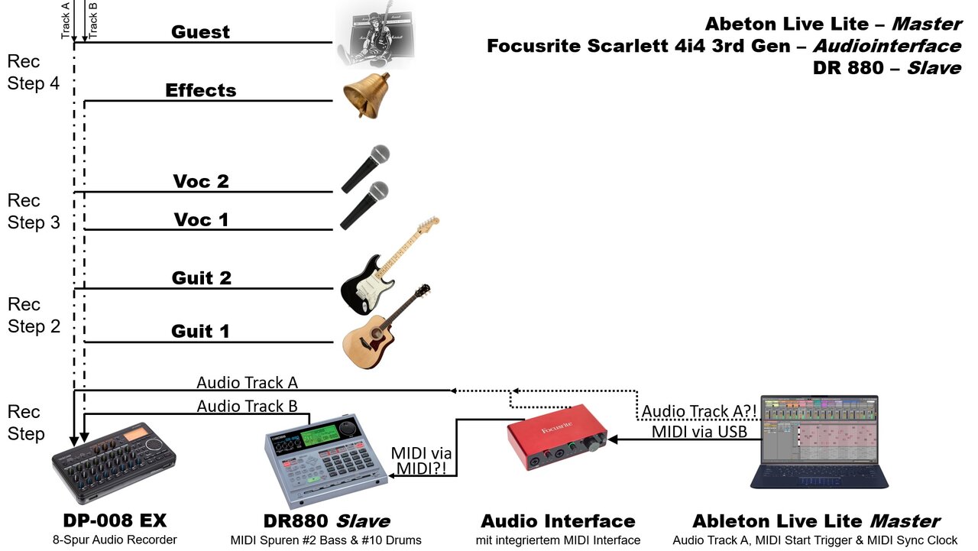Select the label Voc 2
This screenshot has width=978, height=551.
click(201, 182)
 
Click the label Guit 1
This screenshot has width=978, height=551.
click(201, 331)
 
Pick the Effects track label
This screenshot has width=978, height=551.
click(201, 90)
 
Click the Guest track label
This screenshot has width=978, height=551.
click(201, 32)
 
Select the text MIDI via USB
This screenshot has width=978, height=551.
click(705, 432)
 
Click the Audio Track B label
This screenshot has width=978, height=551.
click(247, 406)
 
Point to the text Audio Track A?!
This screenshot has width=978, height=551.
click(699, 411)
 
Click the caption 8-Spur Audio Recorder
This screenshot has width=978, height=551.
click(114, 540)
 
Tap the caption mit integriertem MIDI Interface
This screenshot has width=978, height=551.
click(557, 540)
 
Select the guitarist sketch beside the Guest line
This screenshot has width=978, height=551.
click(374, 38)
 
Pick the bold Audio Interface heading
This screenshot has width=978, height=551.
click(558, 521)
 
